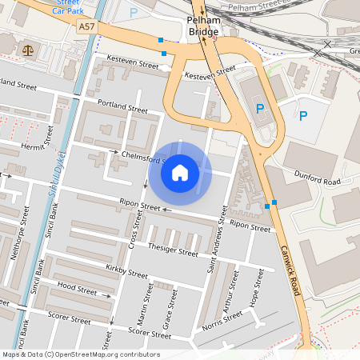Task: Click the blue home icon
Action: point(180,173)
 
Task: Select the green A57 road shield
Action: point(88,26)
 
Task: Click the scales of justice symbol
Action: point(29,49)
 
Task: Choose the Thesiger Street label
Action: point(173,250)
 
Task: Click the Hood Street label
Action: point(77,286)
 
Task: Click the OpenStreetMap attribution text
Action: point(81,354)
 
